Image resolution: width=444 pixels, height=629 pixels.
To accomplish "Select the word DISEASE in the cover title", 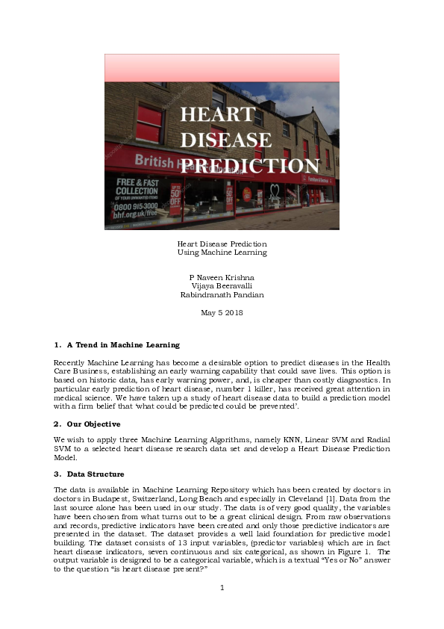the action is (226, 140).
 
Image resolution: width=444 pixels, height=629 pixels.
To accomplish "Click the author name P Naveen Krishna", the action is (222, 277).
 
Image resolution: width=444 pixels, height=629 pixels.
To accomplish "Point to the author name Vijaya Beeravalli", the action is (222, 286).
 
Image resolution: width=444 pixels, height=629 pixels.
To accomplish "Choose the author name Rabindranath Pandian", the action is (222, 294).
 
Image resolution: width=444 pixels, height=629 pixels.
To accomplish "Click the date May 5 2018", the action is (222, 312).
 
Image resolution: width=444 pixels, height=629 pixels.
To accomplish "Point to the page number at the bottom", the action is (222, 588).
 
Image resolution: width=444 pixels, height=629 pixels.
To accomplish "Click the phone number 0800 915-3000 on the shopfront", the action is (137, 205).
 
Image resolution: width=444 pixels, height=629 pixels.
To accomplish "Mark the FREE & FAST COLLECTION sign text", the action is (137, 187).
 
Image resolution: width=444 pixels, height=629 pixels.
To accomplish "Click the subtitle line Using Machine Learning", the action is (222, 252).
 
